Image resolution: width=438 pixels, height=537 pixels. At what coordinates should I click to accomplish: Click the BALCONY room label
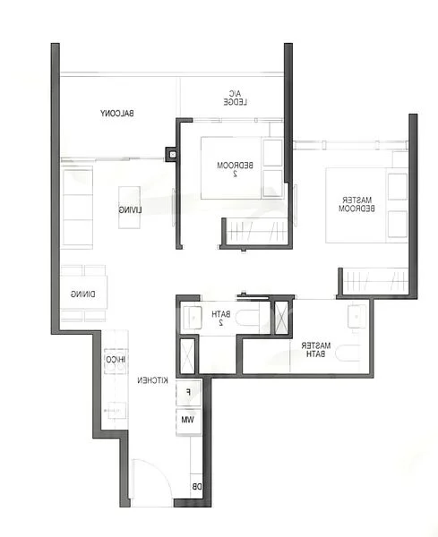(x=117, y=114)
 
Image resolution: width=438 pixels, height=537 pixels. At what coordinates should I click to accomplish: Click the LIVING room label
(x=130, y=209)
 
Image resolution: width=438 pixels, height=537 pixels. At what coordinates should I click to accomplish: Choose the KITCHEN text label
(x=154, y=381)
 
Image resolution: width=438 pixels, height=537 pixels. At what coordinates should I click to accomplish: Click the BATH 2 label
(x=220, y=318)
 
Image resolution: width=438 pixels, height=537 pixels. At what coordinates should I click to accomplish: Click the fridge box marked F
(x=188, y=392)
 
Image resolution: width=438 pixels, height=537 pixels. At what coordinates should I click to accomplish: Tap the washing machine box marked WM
(x=188, y=419)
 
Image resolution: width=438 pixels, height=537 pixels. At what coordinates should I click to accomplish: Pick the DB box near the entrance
(x=196, y=488)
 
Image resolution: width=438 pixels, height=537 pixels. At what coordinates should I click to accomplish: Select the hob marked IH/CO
(x=116, y=361)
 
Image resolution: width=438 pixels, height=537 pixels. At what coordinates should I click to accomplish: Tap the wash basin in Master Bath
(x=356, y=315)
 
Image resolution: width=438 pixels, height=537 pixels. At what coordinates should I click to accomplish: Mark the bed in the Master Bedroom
(x=354, y=204)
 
